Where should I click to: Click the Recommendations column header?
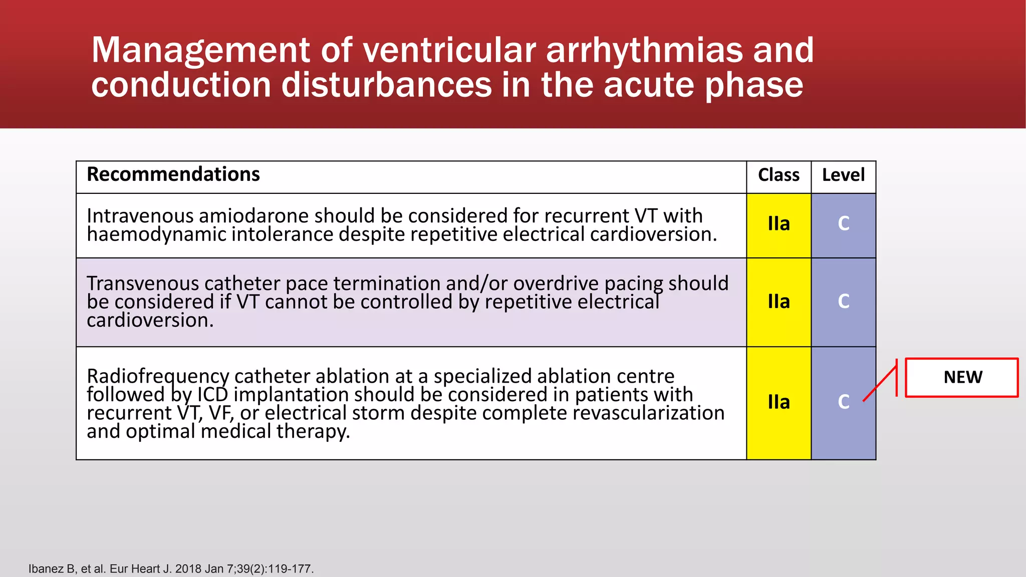[x=173, y=174]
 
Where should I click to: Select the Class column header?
[x=779, y=175]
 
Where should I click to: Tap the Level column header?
[x=843, y=175]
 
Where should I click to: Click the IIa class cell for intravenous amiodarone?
[x=779, y=223]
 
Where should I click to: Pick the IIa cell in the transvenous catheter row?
[x=779, y=302]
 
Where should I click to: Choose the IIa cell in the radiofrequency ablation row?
[x=779, y=402]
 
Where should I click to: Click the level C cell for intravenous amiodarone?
[x=844, y=223]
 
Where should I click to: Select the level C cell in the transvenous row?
[x=844, y=302]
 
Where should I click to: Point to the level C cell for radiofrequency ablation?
[x=844, y=402]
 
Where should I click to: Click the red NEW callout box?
[x=962, y=377]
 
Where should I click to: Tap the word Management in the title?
[x=201, y=50]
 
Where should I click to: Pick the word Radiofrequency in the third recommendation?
[x=158, y=376]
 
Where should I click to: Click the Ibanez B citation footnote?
[x=171, y=569]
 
